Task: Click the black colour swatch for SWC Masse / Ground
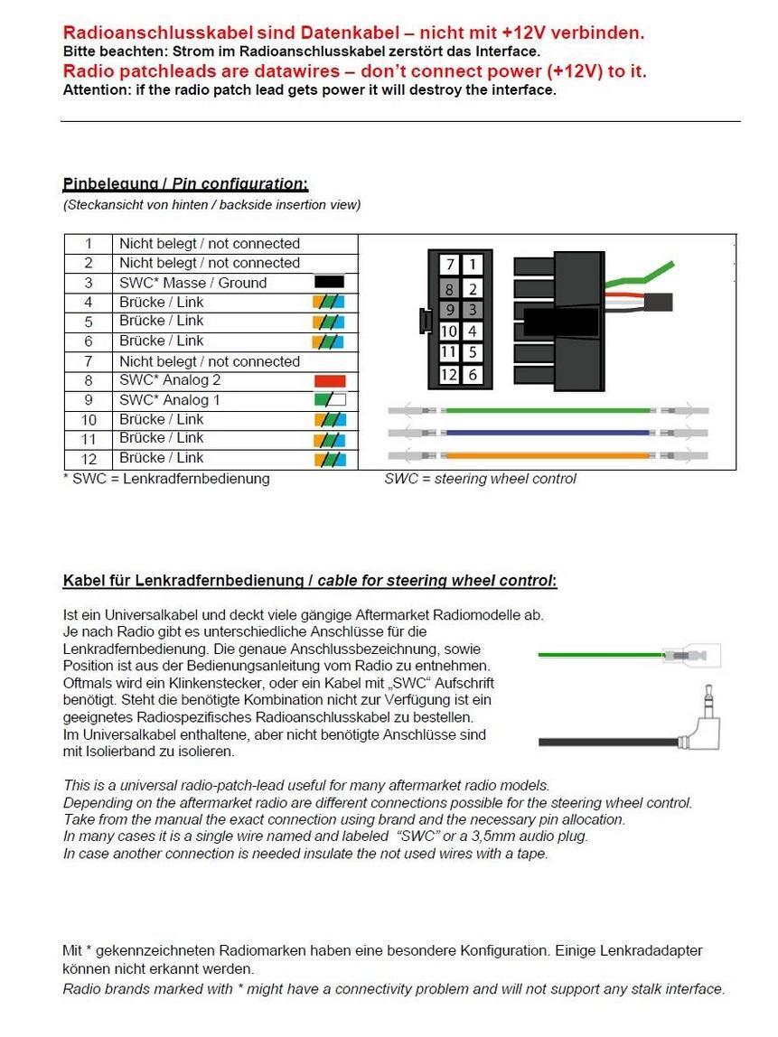point(329,283)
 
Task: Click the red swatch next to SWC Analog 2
point(329,381)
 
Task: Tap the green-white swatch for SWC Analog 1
point(329,400)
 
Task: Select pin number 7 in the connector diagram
point(450,265)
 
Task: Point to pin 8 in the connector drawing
point(450,289)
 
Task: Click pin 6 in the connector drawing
point(473,375)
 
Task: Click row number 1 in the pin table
point(89,244)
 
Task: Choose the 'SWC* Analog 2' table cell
point(170,381)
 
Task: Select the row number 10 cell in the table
point(89,420)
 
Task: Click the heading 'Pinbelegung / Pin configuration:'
point(185,184)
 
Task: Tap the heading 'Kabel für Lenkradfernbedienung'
point(185,581)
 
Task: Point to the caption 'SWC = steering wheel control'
point(480,479)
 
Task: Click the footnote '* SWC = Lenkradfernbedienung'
point(166,479)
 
